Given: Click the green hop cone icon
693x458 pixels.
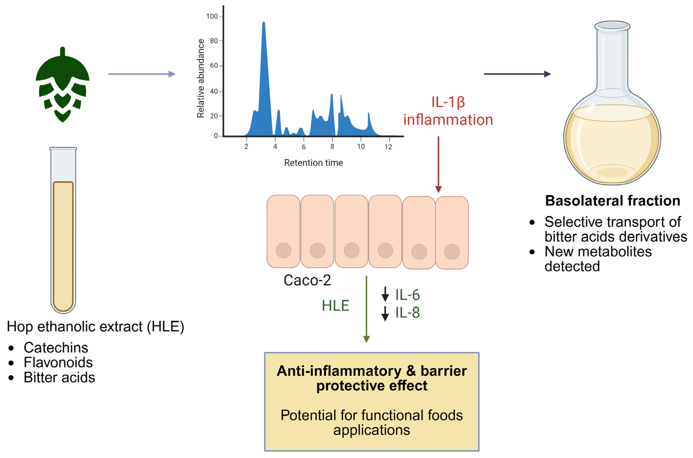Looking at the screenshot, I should pyautogui.click(x=62, y=85).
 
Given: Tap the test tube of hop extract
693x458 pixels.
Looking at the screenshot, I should pyautogui.click(x=63, y=231).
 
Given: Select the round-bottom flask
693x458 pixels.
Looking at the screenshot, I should pyautogui.click(x=612, y=117).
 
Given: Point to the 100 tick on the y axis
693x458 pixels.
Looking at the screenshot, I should pyautogui.click(x=212, y=16).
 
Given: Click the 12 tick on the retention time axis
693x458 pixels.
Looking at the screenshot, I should pyautogui.click(x=388, y=147).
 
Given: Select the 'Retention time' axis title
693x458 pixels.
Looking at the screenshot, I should pyautogui.click(x=314, y=163).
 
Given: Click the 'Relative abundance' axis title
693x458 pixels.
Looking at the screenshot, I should pyautogui.click(x=200, y=78).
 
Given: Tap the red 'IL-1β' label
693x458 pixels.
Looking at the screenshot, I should pyautogui.click(x=448, y=102).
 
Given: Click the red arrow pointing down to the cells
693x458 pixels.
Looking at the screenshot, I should pyautogui.click(x=438, y=164).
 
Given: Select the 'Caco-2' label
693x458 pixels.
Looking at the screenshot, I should pyautogui.click(x=307, y=280).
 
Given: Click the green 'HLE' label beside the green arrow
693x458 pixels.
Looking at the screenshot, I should pyautogui.click(x=335, y=306).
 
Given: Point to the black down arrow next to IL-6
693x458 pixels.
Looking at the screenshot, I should pyautogui.click(x=385, y=294).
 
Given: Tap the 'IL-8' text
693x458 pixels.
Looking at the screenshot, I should pyautogui.click(x=407, y=313).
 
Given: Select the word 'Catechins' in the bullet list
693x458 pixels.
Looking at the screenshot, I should pyautogui.click(x=56, y=348).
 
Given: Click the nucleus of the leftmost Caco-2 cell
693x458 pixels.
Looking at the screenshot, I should pyautogui.click(x=283, y=250).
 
